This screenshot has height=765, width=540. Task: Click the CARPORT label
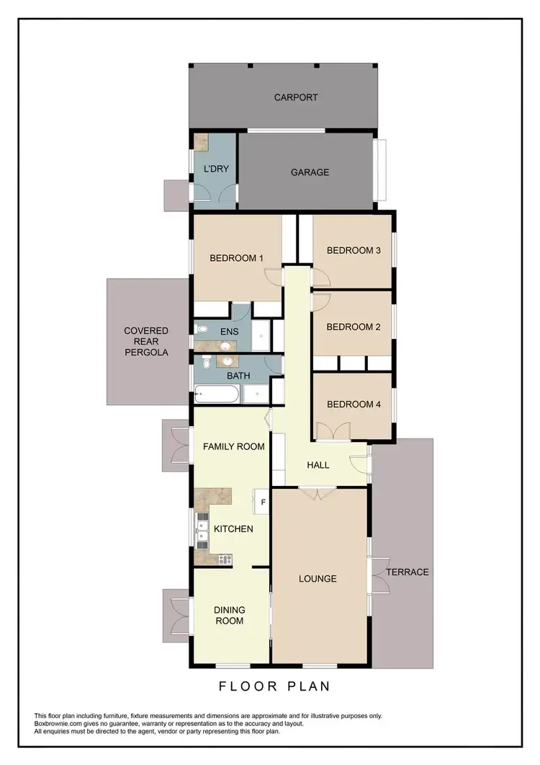296,97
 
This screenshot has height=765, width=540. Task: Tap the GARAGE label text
310,172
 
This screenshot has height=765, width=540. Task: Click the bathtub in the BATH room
217,394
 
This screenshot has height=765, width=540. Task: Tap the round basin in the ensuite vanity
229,343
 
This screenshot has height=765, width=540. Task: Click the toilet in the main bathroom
205,361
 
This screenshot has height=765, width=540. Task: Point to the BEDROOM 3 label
353,250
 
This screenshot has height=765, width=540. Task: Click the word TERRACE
407,572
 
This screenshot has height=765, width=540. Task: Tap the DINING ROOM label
228,615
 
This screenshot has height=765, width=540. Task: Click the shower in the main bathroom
255,393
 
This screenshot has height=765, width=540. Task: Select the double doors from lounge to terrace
374,574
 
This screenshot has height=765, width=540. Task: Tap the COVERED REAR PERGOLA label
145,342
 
